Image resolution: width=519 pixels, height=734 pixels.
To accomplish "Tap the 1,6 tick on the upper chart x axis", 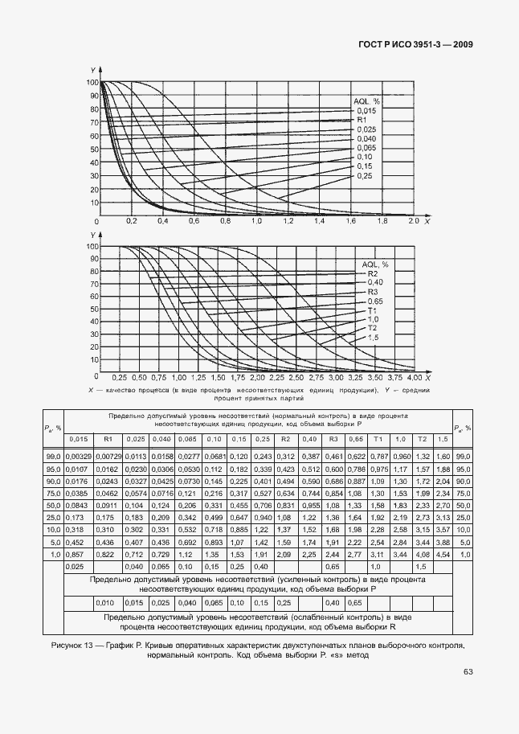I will coord(350,220).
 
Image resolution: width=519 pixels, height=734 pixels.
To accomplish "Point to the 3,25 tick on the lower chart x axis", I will coord(356,377).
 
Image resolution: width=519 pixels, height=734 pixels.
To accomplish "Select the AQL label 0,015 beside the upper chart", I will coord(366,111).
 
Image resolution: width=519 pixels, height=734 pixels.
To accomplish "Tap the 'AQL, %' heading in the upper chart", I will coord(366,101).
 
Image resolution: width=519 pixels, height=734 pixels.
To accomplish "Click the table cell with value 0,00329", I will coord(79,456).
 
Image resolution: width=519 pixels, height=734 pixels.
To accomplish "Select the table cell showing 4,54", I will coord(440,555).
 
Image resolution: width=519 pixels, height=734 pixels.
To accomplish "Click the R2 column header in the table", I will coord(284,438).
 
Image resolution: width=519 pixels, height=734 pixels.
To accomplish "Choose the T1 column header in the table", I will coord(376,438).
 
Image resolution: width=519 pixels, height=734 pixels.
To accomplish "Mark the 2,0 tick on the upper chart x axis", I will coord(414,220).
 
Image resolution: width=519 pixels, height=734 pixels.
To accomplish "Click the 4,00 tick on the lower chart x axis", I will coord(415,377).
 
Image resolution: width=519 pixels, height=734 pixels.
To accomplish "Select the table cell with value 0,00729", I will coord(107,456).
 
